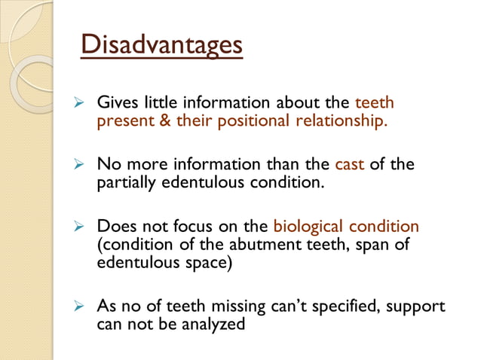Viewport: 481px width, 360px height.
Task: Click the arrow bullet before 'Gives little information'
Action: click(75, 102)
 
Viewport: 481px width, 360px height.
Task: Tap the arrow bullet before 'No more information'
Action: click(75, 164)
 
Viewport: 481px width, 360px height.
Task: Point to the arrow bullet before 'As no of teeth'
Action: click(75, 307)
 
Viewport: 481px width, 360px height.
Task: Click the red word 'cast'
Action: click(349, 164)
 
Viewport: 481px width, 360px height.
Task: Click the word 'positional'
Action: click(250, 121)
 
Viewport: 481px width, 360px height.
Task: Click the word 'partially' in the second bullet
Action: click(124, 182)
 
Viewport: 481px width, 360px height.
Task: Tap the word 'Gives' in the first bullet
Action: click(116, 102)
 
